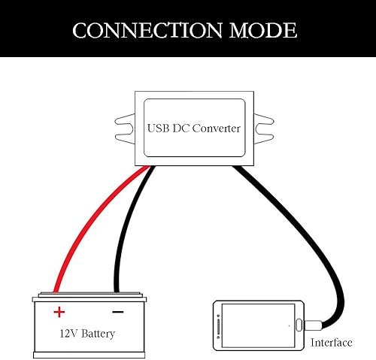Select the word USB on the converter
[159, 129]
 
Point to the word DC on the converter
[181, 129]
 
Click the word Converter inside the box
[217, 129]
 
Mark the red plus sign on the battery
[59, 311]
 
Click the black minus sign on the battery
[117, 311]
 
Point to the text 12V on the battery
[68, 332]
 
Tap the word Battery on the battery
[100, 332]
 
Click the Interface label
[331, 343]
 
